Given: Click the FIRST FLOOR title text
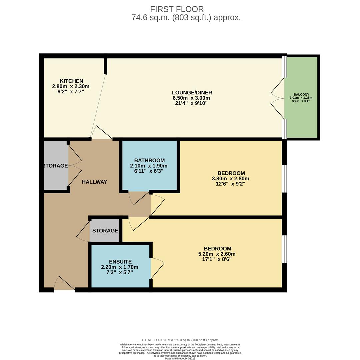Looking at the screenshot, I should pyautogui.click(x=177, y=9).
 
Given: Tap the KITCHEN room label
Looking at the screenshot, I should pyautogui.click(x=71, y=81).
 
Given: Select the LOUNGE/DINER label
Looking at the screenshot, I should pyautogui.click(x=192, y=93).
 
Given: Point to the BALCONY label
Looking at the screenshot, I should pyautogui.click(x=301, y=95).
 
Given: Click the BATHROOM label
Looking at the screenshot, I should pyautogui.click(x=149, y=160).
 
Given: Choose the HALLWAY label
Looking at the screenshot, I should pyautogui.click(x=94, y=182).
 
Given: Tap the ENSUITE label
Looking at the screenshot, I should pyautogui.click(x=120, y=262).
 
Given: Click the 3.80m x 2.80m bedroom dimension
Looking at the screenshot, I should pyautogui.click(x=231, y=178).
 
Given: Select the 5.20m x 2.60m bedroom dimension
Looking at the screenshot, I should pyautogui.click(x=217, y=254).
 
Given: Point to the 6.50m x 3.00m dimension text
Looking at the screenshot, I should pyautogui.click(x=191, y=98).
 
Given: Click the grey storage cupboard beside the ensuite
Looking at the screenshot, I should pyautogui.click(x=105, y=230).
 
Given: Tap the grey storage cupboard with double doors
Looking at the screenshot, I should pyautogui.click(x=56, y=165).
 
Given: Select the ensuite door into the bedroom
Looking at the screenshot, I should pyautogui.click(x=157, y=268).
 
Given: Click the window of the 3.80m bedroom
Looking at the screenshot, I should pyautogui.click(x=284, y=179).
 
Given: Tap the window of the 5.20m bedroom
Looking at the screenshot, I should pyautogui.click(x=284, y=249).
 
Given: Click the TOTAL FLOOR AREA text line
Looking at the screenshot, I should pyautogui.click(x=180, y=340).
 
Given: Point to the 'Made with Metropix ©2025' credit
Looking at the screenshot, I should pyautogui.click(x=180, y=358).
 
